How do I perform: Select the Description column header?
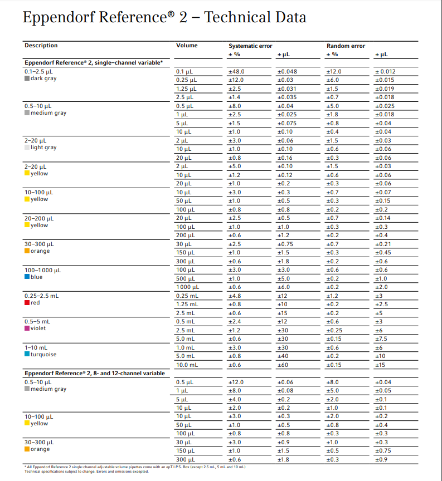click(x=41, y=46)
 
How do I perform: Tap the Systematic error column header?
click(x=250, y=46)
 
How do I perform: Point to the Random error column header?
click(x=346, y=46)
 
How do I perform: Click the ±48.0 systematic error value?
click(x=236, y=72)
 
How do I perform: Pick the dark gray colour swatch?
click(x=27, y=78)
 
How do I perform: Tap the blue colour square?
click(x=27, y=277)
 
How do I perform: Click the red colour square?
click(x=27, y=303)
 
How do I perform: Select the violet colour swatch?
click(x=27, y=328)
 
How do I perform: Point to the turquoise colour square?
click(x=27, y=355)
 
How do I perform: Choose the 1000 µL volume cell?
click(x=187, y=287)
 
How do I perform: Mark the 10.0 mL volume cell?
click(x=187, y=365)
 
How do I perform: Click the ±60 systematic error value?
click(x=283, y=365)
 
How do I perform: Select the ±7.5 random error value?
click(x=381, y=338)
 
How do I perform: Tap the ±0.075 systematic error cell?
click(x=286, y=123)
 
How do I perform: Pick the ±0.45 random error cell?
click(x=383, y=253)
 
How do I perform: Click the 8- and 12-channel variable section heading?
click(x=94, y=373)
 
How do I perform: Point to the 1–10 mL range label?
click(x=36, y=347)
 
